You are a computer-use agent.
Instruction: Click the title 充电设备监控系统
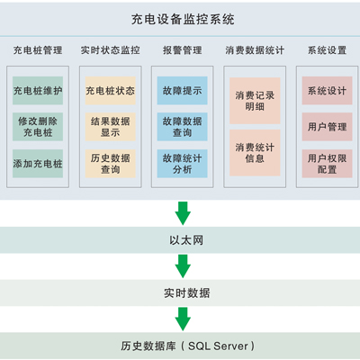coord(183,20)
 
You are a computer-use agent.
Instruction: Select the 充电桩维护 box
coord(38,91)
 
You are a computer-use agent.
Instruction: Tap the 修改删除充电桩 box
coord(38,127)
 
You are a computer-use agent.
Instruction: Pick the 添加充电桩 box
coord(38,164)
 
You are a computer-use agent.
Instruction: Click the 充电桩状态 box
coord(111,91)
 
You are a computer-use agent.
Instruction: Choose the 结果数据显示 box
coord(111,127)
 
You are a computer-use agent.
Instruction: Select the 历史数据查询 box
coord(111,164)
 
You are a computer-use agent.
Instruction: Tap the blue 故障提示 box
coord(183,91)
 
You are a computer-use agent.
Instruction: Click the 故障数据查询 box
coord(183,127)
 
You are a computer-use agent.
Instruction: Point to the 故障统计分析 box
coord(183,164)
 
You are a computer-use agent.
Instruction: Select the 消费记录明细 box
coord(255,101)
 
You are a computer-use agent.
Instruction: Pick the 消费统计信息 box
coord(255,153)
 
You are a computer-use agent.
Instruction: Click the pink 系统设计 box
coord(327,91)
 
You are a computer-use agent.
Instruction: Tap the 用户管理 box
coord(327,127)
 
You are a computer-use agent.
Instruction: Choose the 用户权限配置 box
coord(327,164)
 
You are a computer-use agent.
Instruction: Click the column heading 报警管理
coord(183,50)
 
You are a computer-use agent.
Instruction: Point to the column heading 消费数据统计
coord(255,50)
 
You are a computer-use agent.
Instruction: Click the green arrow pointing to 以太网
coord(183,213)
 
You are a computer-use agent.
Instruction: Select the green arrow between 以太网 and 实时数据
coord(183,266)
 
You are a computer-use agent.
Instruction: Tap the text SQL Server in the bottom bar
coord(218,346)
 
